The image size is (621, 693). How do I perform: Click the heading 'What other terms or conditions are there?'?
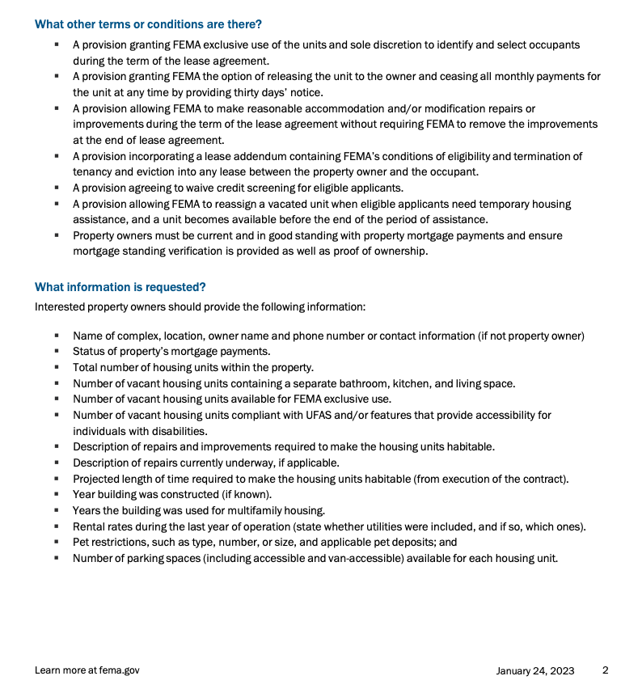pos(148,24)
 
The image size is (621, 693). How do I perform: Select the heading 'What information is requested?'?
pos(120,287)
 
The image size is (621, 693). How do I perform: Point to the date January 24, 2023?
pos(534,670)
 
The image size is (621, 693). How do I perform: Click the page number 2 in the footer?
pos(605,670)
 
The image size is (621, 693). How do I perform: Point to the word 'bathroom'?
pos(366,383)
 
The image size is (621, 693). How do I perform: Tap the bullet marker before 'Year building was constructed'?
pos(57,495)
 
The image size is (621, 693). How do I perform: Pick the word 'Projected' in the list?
pos(96,479)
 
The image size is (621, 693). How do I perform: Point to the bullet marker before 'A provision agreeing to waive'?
pos(57,188)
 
